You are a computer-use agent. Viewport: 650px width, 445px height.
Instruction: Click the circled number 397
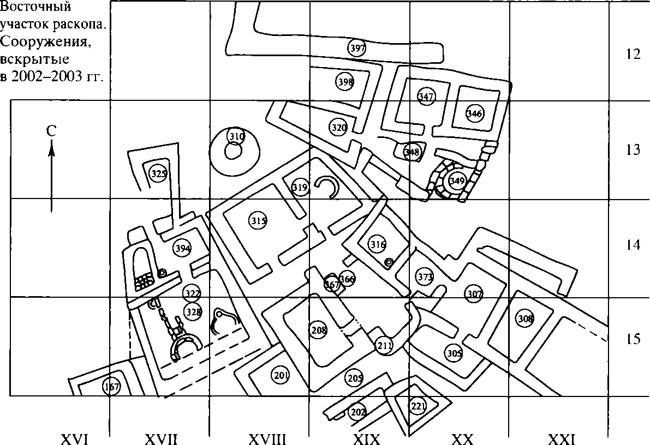[x=357, y=48]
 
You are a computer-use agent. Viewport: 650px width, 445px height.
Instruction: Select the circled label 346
[x=474, y=113]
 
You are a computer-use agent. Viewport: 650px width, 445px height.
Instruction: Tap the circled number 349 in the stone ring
[x=456, y=180]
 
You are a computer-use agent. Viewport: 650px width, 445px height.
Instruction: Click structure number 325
[x=158, y=174]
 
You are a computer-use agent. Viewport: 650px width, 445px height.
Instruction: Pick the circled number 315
[x=258, y=221]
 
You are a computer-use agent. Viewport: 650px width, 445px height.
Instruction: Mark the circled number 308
[x=525, y=318]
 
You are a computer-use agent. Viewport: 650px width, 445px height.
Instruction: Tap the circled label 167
[x=111, y=387]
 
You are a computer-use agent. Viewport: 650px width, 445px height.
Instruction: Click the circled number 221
[x=418, y=406]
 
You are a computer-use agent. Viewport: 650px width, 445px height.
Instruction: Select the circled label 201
[x=281, y=375]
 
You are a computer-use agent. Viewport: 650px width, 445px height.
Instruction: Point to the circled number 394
[x=183, y=249]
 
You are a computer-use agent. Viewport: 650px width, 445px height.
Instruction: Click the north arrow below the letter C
[x=51, y=175]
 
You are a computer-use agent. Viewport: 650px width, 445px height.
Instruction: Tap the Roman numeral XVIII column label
[x=267, y=438]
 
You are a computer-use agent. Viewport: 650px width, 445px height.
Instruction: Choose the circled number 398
[x=345, y=82]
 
